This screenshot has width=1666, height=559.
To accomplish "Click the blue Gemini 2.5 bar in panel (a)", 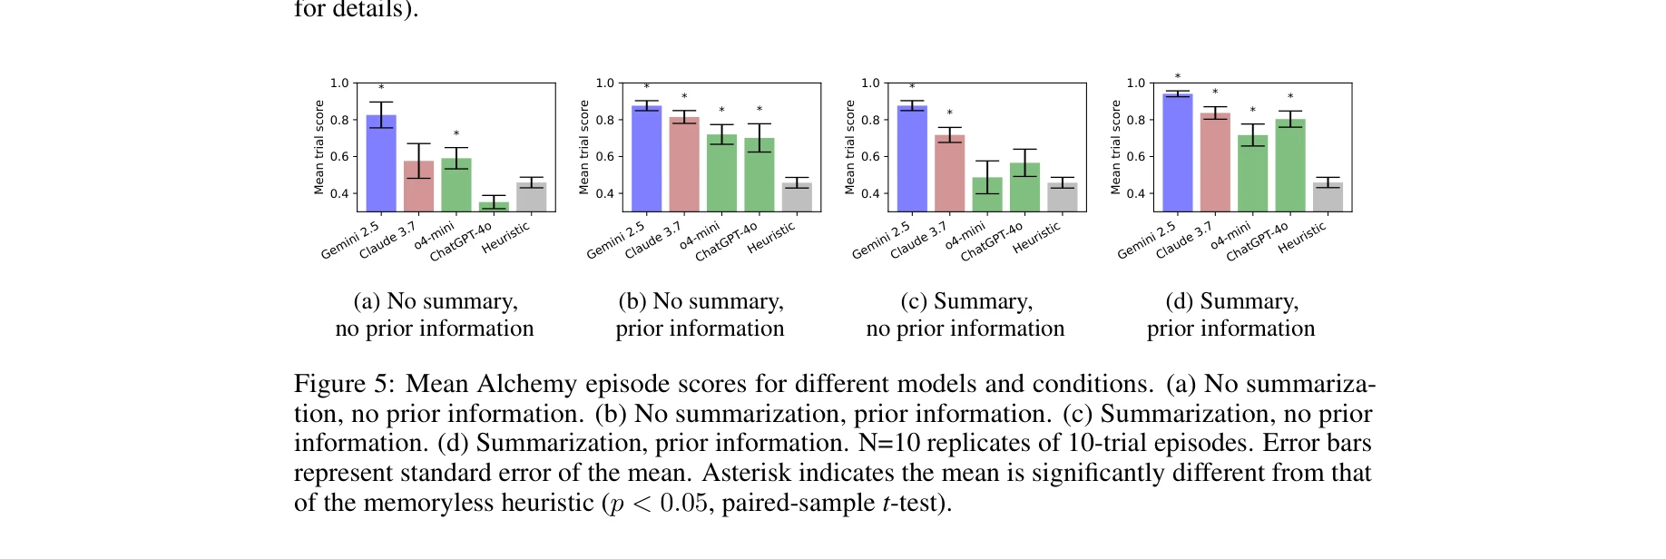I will [x=381, y=163].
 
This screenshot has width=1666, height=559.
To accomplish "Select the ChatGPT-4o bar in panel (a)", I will [x=494, y=207].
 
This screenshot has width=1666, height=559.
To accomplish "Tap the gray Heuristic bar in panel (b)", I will [x=797, y=197].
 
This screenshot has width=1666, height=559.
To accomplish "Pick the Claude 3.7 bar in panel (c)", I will [x=949, y=172].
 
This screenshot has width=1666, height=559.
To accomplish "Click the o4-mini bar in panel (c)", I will [x=987, y=194].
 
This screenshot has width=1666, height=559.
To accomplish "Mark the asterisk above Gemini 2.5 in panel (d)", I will [x=1178, y=77].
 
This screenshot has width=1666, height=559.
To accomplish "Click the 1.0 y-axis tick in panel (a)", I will [x=339, y=83].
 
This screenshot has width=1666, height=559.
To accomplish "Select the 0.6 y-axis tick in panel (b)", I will [x=604, y=157].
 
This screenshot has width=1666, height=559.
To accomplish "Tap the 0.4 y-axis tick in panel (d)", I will [x=1135, y=194].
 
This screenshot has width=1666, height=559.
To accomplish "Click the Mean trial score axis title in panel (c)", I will [x=850, y=147].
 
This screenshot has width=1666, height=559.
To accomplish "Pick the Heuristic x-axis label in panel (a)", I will [x=506, y=238].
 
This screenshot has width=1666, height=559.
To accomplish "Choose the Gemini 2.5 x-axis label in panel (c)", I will [x=876, y=241].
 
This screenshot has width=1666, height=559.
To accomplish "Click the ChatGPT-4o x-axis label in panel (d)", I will [x=1258, y=242].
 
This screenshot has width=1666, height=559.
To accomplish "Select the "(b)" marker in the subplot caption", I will [x=632, y=301].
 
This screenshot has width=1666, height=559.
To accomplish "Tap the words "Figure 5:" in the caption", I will [x=344, y=384].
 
